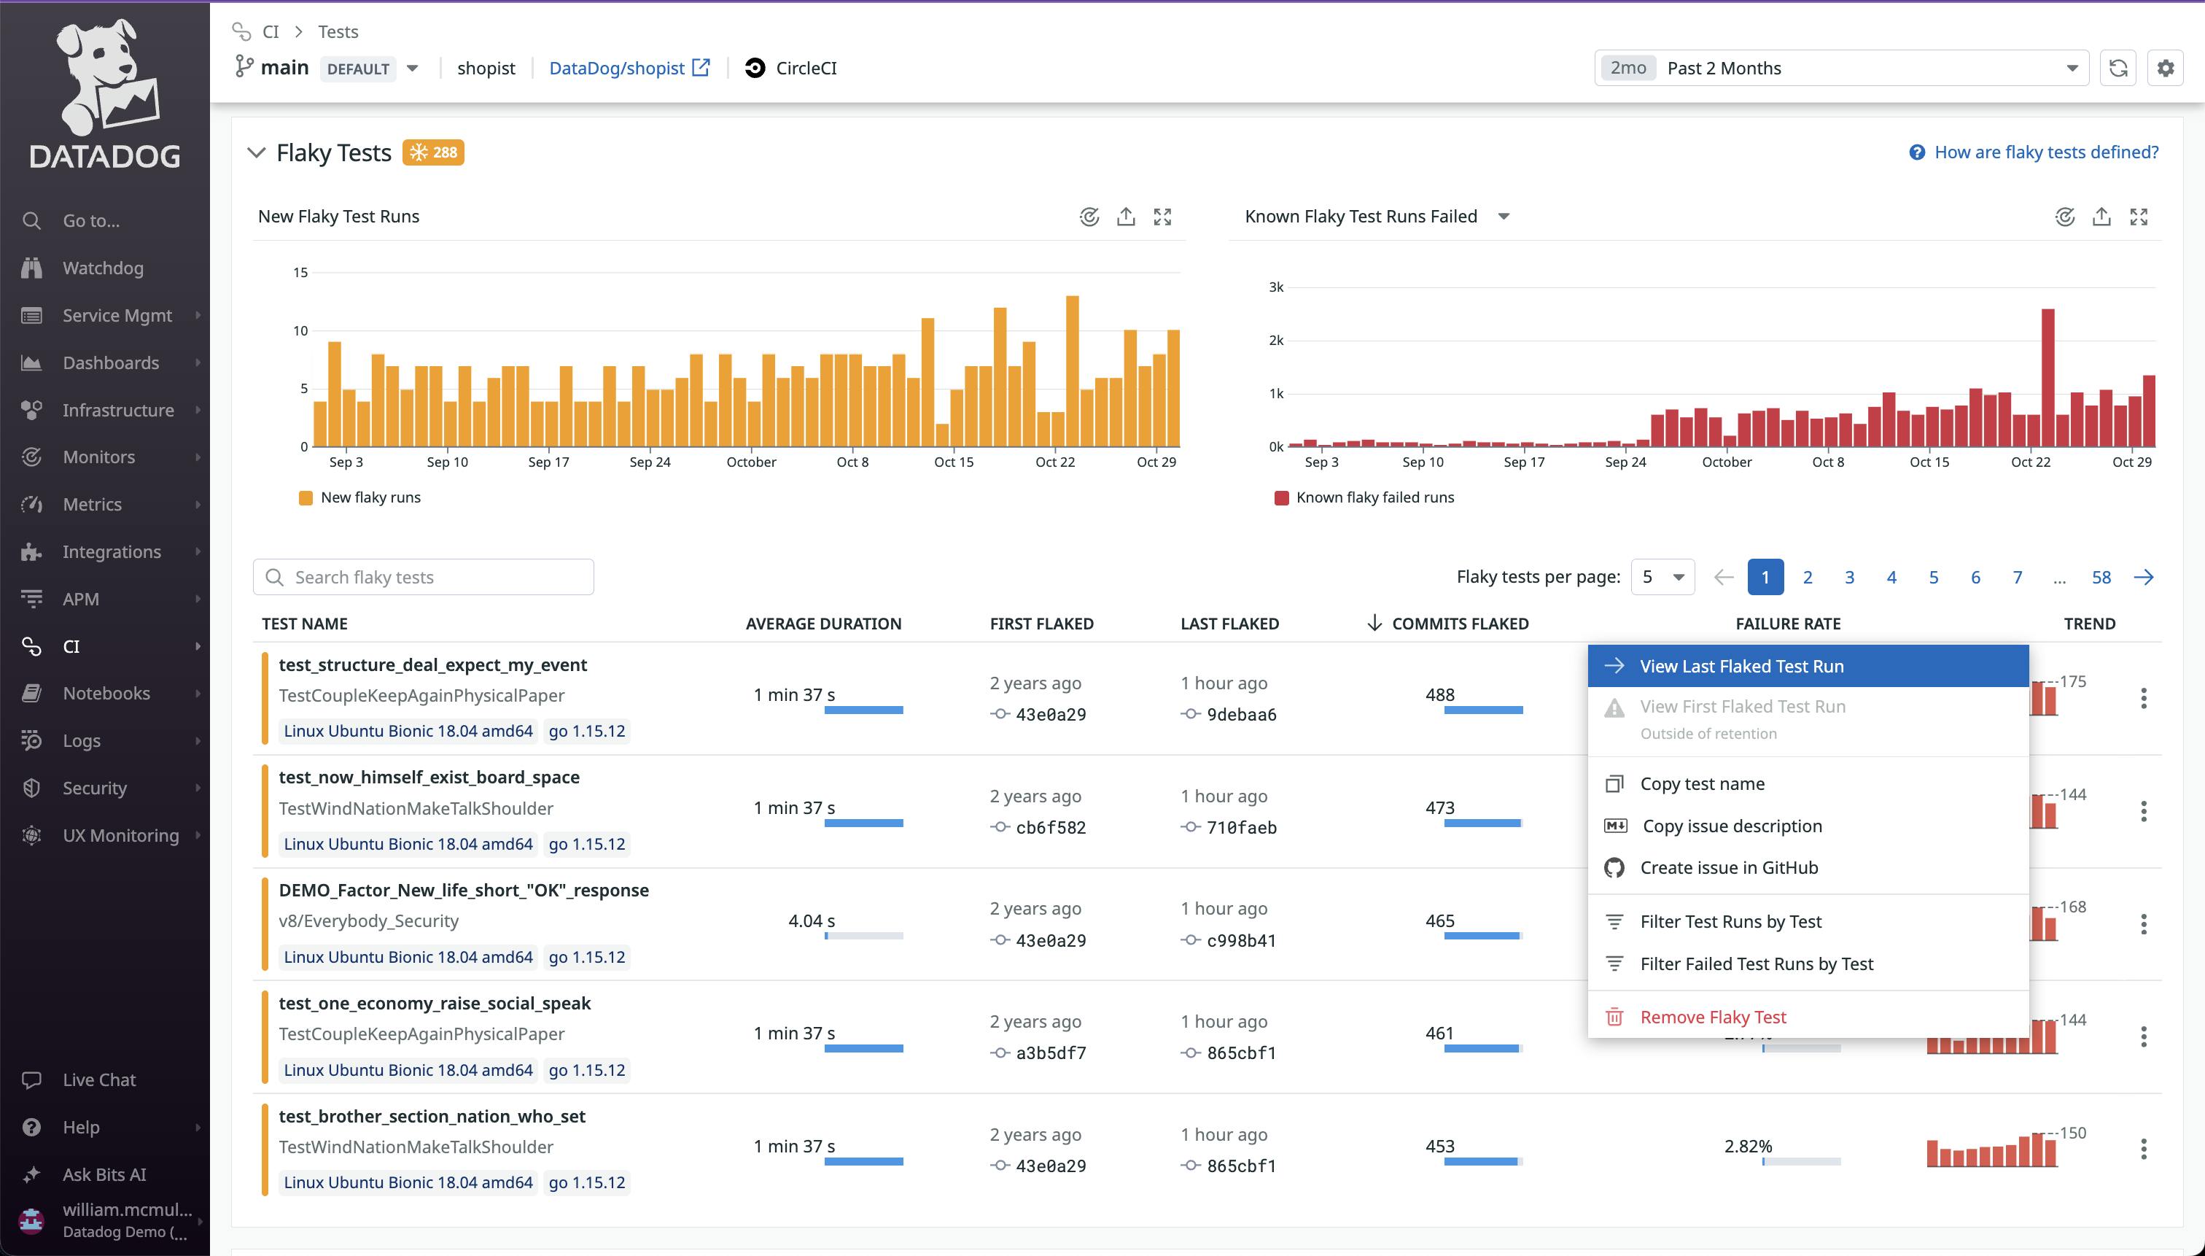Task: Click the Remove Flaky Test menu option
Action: (1712, 1017)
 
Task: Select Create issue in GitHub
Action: (1728, 868)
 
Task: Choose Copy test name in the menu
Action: (1701, 784)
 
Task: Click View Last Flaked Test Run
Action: (1741, 666)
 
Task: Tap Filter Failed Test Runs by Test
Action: (1756, 964)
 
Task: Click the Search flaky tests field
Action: (424, 577)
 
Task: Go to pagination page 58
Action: (2101, 577)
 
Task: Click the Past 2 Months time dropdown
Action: (1840, 68)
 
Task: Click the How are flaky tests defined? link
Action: (2045, 152)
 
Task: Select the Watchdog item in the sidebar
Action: (103, 268)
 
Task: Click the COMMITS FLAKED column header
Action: (1459, 624)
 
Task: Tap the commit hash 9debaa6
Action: (1241, 714)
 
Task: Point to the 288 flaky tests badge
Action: (434, 152)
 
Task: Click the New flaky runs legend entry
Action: (370, 497)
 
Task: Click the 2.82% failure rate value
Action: (1748, 1147)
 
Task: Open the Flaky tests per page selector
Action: (1662, 577)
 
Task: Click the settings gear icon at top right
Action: (2164, 68)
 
